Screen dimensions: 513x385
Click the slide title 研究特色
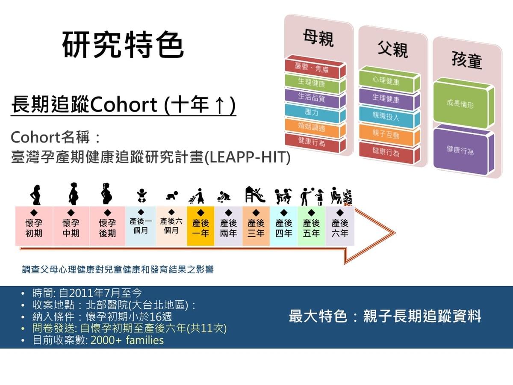click(x=123, y=44)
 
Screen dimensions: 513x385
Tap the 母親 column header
click(x=318, y=38)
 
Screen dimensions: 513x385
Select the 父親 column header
click(x=392, y=49)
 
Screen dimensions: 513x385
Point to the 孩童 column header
click(x=467, y=60)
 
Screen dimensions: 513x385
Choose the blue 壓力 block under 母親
click(x=315, y=113)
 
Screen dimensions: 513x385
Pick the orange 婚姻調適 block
click(x=315, y=127)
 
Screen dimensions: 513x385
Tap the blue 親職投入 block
click(x=389, y=117)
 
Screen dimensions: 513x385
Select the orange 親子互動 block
click(x=389, y=134)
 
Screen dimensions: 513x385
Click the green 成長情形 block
click(x=464, y=104)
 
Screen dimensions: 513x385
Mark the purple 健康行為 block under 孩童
click(x=464, y=150)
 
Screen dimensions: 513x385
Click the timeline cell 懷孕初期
click(x=34, y=226)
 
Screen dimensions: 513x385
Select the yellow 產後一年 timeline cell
click(x=200, y=226)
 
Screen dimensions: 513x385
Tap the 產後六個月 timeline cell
click(x=171, y=226)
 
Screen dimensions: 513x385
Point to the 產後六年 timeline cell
click(x=340, y=226)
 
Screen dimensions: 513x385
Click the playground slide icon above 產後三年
click(x=255, y=195)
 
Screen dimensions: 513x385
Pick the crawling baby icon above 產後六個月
click(x=172, y=196)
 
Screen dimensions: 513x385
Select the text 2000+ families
click(x=127, y=340)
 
